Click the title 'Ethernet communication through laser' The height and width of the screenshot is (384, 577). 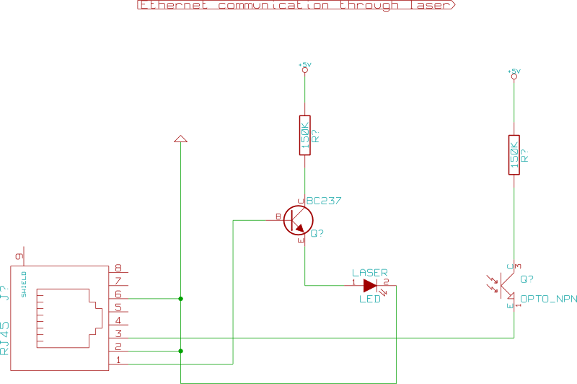296,5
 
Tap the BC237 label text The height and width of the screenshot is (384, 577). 324,201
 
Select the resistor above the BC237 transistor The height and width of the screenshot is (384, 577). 304,135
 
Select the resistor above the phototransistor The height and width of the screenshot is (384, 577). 514,154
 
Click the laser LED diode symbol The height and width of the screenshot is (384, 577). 371,285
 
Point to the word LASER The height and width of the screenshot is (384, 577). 369,271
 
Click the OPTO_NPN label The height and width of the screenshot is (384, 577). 548,298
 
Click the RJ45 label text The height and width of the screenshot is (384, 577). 5,338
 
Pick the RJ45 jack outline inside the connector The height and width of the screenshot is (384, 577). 65,318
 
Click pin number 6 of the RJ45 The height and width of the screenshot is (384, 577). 118,294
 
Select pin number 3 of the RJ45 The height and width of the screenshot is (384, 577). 118,333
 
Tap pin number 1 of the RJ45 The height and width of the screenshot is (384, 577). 118,359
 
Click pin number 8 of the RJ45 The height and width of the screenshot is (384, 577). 118,268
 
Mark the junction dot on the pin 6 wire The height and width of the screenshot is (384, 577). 180,298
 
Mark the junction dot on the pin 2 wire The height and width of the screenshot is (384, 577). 180,351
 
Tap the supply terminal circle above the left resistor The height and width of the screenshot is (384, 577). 304,70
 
